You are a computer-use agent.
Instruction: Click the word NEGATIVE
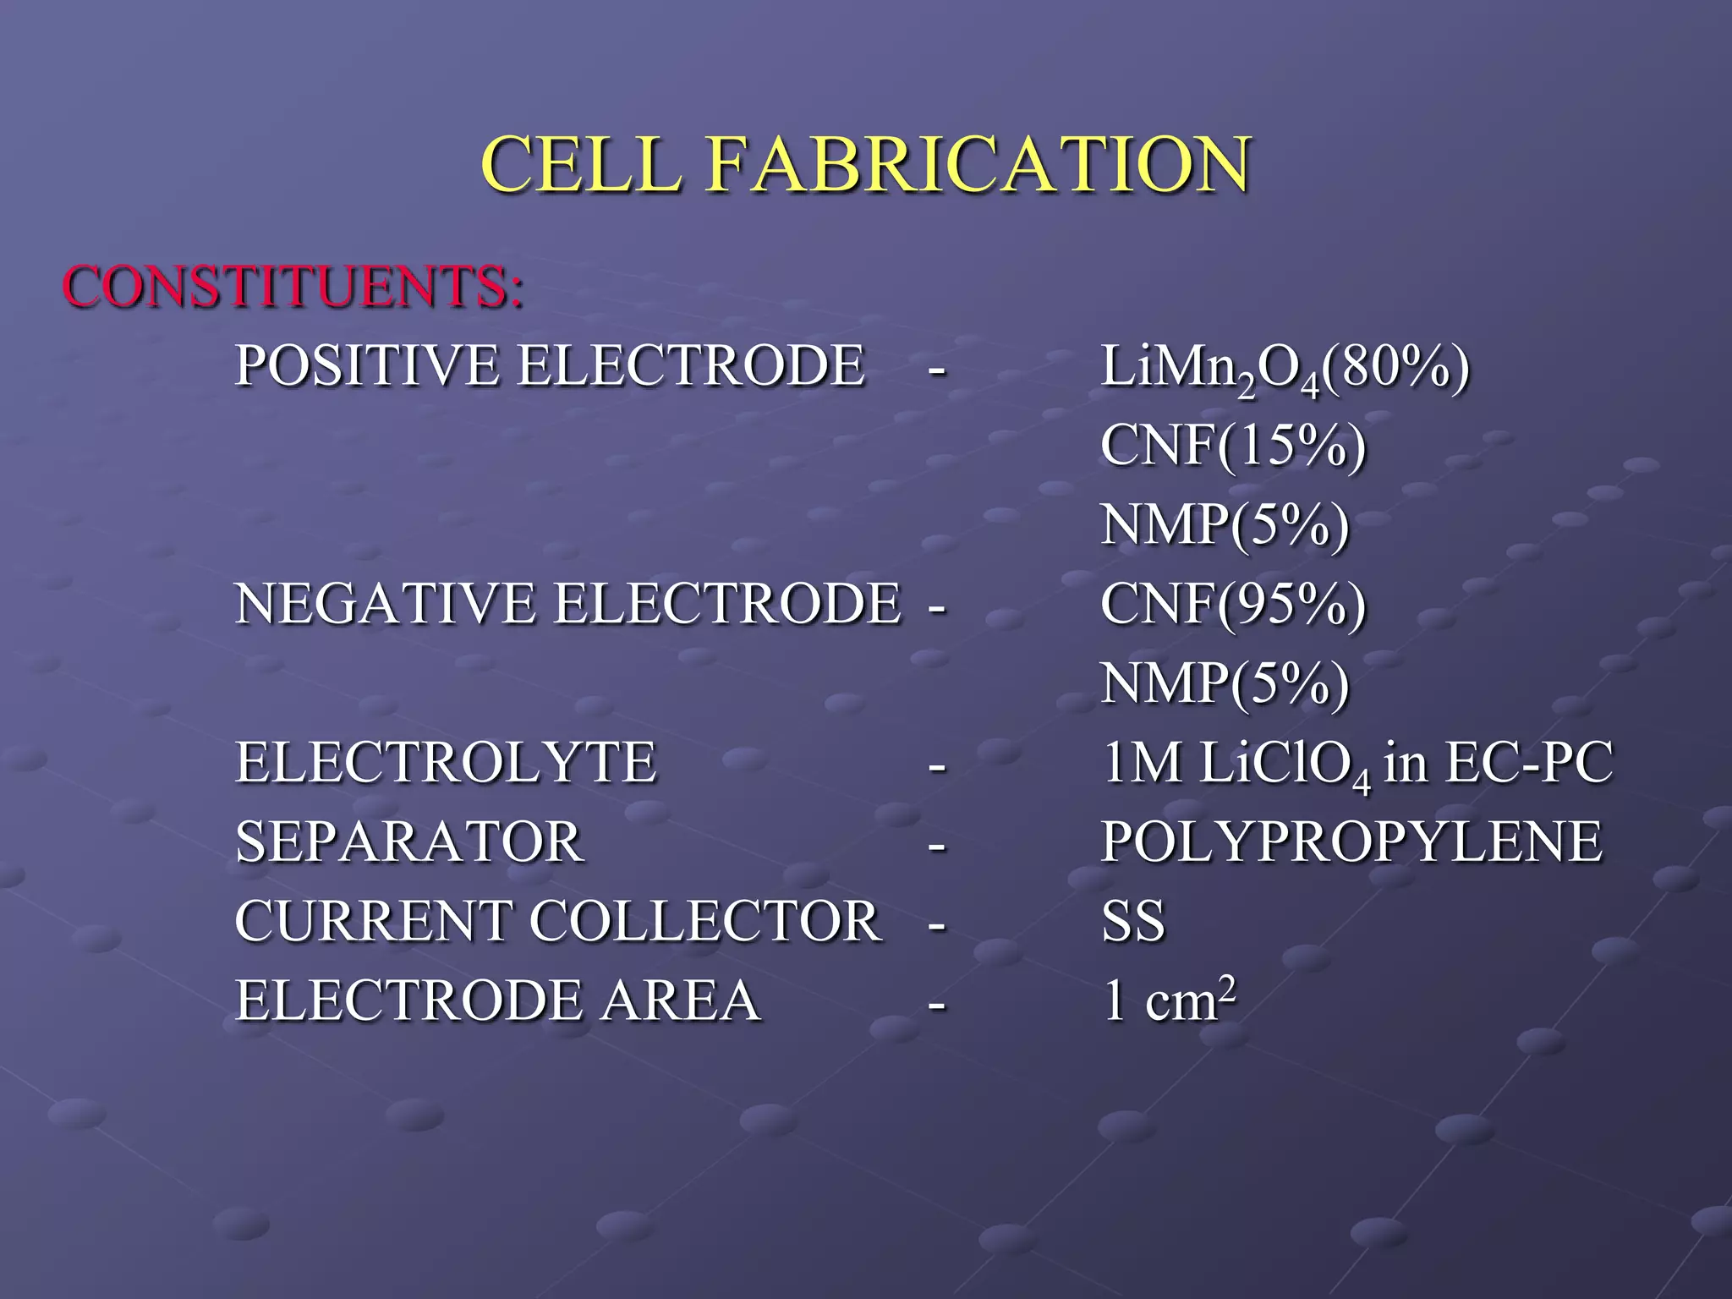pyautogui.click(x=385, y=604)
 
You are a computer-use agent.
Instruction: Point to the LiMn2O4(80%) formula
pyautogui.click(x=1285, y=369)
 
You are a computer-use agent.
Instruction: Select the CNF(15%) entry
pyautogui.click(x=1233, y=445)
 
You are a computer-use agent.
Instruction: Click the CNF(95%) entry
pyautogui.click(x=1233, y=604)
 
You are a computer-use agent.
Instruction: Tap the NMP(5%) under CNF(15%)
pyautogui.click(x=1225, y=524)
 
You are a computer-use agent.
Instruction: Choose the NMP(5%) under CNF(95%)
pyautogui.click(x=1225, y=683)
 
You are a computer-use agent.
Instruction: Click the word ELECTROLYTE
pyautogui.click(x=446, y=763)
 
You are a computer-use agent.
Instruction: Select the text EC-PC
pyautogui.click(x=1528, y=763)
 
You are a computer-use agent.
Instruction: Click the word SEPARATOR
pyautogui.click(x=409, y=842)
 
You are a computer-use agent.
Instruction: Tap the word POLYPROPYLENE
pyautogui.click(x=1351, y=842)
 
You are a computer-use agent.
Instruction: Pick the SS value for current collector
pyautogui.click(x=1133, y=921)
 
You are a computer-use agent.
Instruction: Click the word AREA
pyautogui.click(x=680, y=1000)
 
